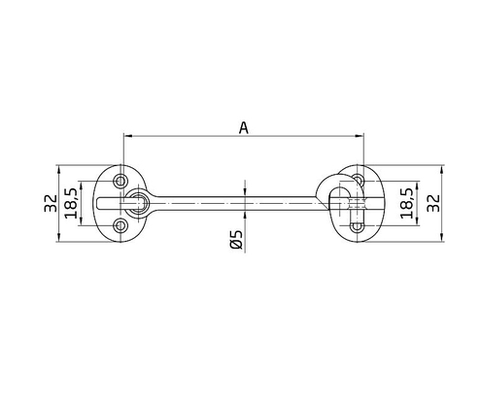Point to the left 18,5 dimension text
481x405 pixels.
[x=70, y=202]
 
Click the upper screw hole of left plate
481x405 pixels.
[x=120, y=181]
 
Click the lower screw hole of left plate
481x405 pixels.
[x=120, y=225]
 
